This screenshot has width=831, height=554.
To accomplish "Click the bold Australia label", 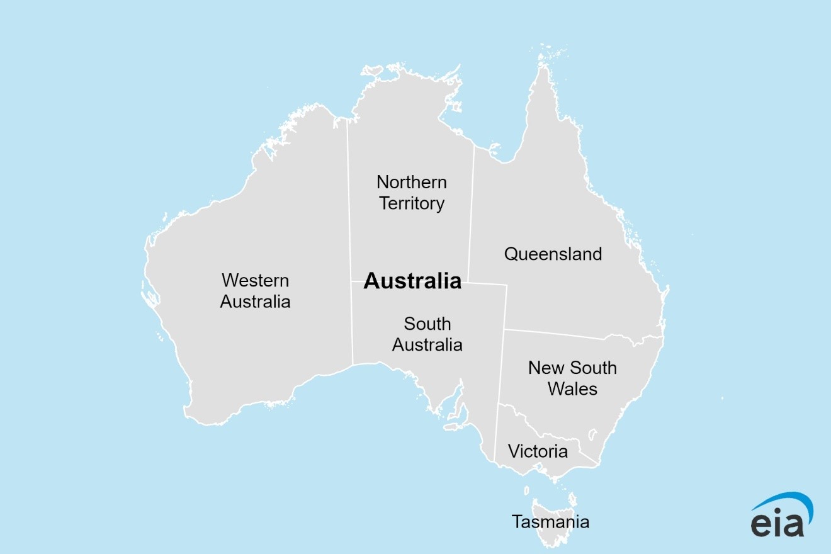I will tap(412, 281).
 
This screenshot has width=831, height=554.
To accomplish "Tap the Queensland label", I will tap(553, 254).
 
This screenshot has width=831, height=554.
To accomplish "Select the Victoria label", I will tap(538, 451).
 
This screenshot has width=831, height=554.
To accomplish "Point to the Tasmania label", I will tap(550, 522).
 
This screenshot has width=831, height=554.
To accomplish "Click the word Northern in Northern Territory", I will tap(412, 183).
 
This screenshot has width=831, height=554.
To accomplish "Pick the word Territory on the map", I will tap(412, 203).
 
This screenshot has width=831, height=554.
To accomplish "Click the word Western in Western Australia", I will tap(255, 280).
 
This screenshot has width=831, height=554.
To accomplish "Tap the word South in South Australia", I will tap(427, 324).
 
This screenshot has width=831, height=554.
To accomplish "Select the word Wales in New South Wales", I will tap(572, 389).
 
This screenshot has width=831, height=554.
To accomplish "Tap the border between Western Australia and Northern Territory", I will tap(348, 201).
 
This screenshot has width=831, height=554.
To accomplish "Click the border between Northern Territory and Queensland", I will tap(470, 214).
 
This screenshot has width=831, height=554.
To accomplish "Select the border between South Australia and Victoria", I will tap(497, 434).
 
